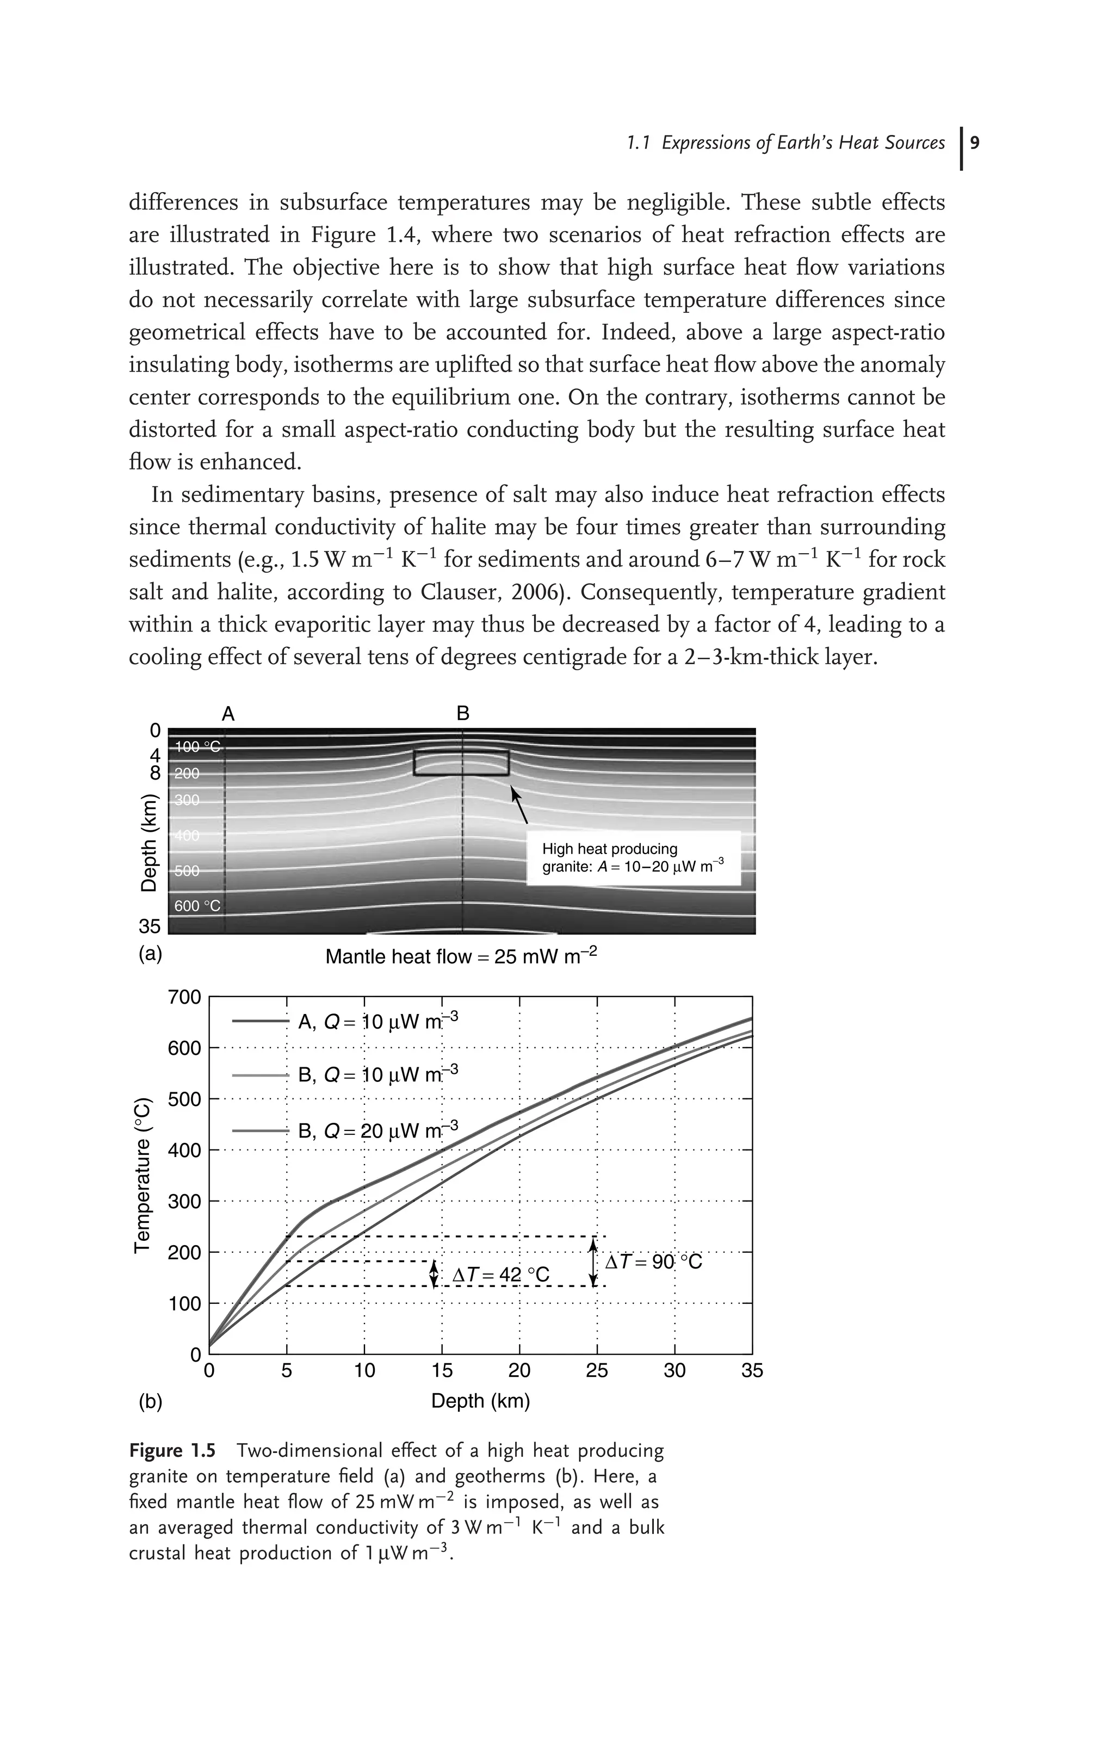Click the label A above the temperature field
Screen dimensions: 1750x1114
pos(228,714)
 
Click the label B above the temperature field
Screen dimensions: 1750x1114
pos(463,714)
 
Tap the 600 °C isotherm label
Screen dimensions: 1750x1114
pos(197,906)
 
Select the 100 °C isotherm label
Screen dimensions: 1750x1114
pos(197,747)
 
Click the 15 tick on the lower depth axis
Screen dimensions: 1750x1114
pos(442,1371)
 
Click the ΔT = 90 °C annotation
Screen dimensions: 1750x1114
pos(654,1263)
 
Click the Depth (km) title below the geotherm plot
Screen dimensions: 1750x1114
pos(480,1400)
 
